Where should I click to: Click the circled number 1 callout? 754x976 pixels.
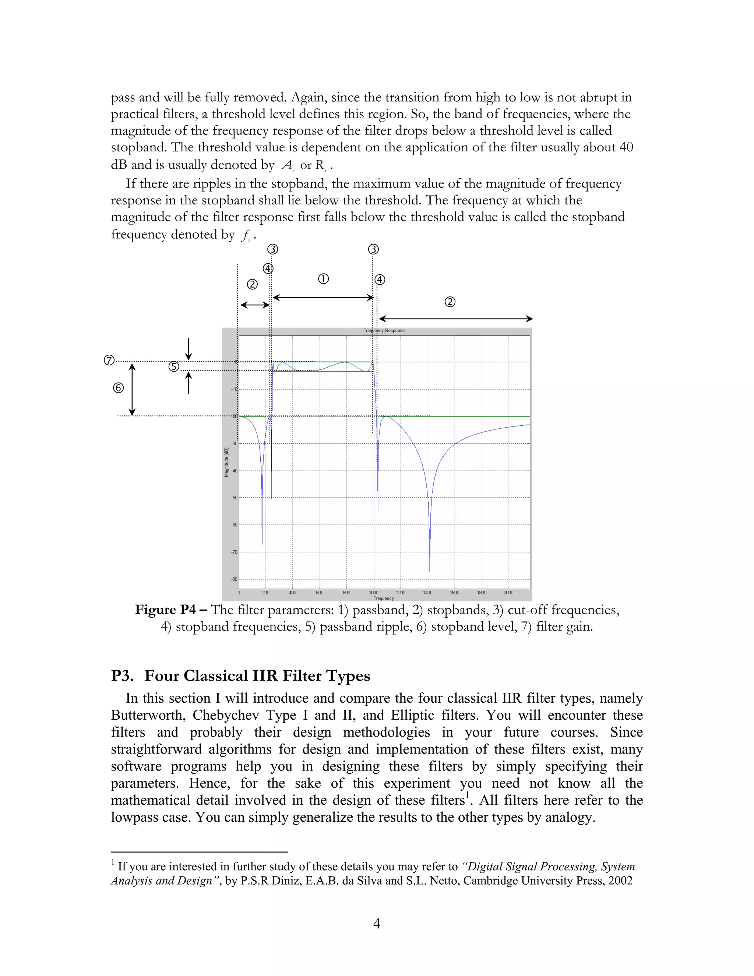pyautogui.click(x=323, y=279)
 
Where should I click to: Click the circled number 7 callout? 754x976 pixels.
pyautogui.click(x=109, y=360)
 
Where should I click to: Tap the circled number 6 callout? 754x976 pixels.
pyautogui.click(x=119, y=388)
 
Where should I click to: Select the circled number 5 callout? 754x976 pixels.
pyautogui.click(x=174, y=367)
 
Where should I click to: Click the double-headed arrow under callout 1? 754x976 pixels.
pyautogui.click(x=323, y=298)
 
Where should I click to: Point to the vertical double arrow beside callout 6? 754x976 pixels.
pyautogui.click(x=132, y=389)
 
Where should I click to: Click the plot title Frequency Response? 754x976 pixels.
pyautogui.click(x=384, y=331)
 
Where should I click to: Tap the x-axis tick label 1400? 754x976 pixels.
pyautogui.click(x=427, y=593)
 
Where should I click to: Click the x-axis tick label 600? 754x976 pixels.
pyautogui.click(x=319, y=593)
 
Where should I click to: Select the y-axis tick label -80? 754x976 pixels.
pyautogui.click(x=234, y=579)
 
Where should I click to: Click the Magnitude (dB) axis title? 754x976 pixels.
pyautogui.click(x=226, y=462)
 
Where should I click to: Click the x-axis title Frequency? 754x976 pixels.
pyautogui.click(x=383, y=598)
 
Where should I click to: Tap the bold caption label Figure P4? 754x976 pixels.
pyautogui.click(x=165, y=610)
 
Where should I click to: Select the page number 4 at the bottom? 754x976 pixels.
pyautogui.click(x=377, y=923)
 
